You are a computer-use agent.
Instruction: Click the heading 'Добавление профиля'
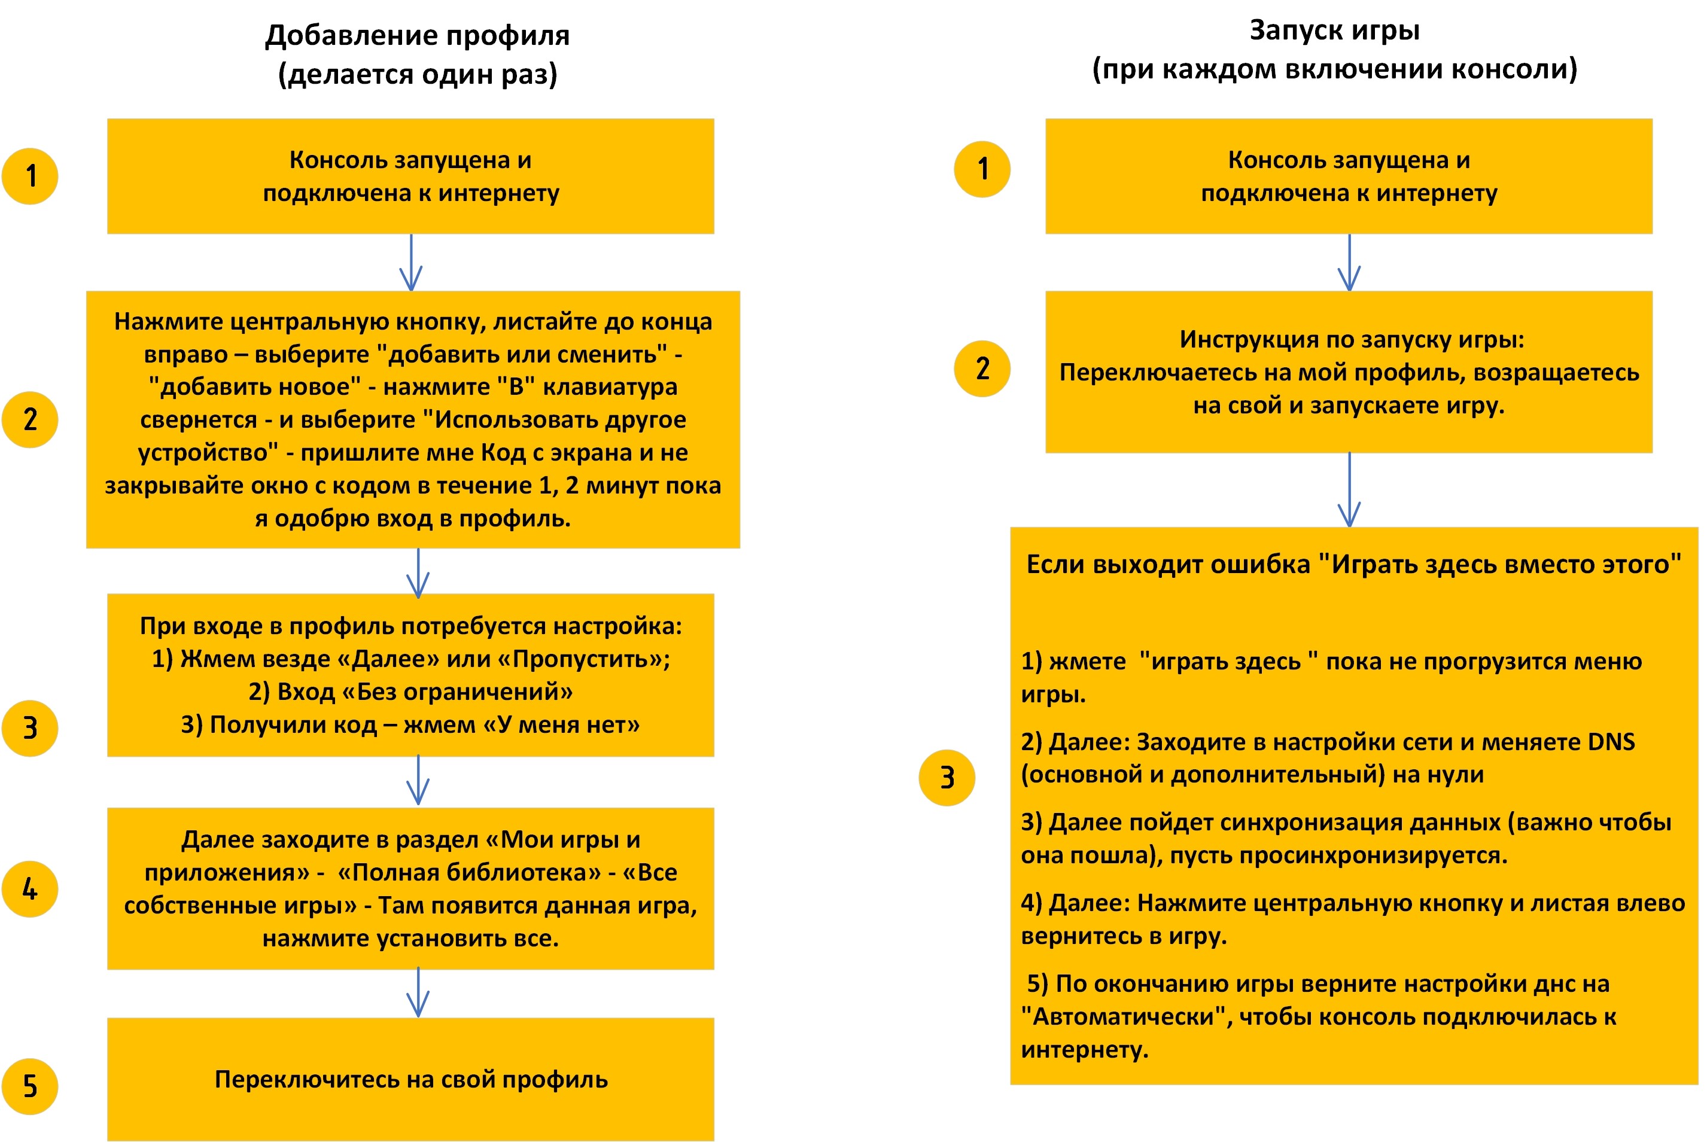click(417, 35)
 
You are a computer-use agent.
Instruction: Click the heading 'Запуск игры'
click(1334, 31)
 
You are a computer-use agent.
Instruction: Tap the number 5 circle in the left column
click(30, 1086)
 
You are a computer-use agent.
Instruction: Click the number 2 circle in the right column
click(982, 369)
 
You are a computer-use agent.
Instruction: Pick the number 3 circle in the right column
click(947, 777)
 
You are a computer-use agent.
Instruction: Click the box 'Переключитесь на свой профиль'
click(410, 1079)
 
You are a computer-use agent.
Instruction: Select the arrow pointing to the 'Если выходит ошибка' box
click(1349, 489)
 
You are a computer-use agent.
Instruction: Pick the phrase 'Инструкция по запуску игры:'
click(1352, 339)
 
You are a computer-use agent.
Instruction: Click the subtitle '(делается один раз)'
click(417, 74)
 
